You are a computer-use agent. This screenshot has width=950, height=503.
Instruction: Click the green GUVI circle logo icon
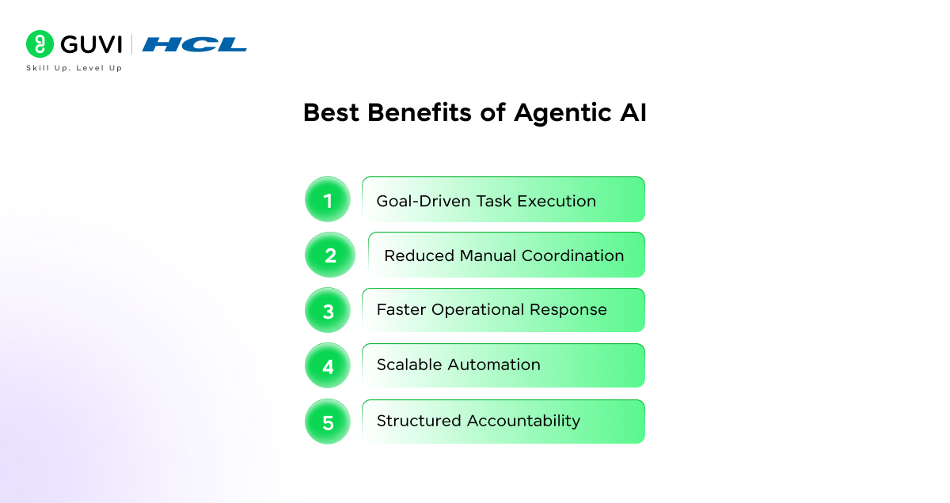tap(40, 43)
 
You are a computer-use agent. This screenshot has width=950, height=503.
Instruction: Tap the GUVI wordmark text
tap(91, 44)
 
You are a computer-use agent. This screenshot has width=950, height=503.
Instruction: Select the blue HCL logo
tap(194, 44)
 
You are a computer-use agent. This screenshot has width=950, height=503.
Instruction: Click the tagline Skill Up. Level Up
tap(74, 68)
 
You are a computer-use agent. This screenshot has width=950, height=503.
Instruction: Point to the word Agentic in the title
tap(563, 114)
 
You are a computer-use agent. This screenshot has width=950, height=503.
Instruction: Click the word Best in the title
tap(331, 113)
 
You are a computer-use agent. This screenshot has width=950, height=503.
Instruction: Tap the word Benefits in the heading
tap(420, 113)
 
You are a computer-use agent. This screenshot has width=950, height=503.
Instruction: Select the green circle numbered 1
tap(328, 199)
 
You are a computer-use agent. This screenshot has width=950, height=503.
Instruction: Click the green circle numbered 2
tap(330, 255)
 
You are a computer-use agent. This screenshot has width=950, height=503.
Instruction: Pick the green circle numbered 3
tap(328, 310)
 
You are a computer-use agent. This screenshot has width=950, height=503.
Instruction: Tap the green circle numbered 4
tap(328, 365)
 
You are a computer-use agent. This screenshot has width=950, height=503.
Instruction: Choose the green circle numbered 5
tap(328, 422)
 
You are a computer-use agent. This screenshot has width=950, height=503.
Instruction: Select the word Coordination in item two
tap(572, 255)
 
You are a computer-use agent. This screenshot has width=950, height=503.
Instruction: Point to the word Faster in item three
tap(401, 309)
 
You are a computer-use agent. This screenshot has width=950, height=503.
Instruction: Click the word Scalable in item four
tap(409, 365)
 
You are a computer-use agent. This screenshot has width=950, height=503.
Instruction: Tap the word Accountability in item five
tap(523, 421)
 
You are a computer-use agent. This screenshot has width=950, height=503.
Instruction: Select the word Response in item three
tap(568, 310)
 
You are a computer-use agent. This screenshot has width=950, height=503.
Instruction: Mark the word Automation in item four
tap(494, 365)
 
